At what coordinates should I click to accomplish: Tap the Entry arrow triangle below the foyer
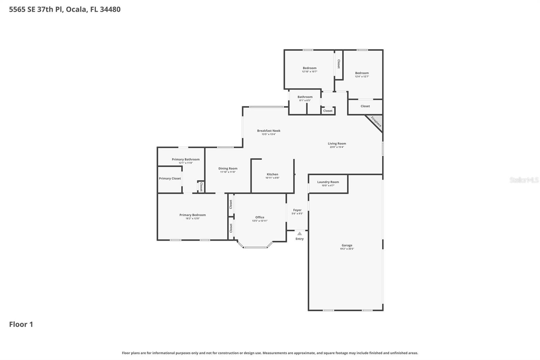coord(299,233)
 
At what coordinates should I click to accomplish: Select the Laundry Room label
coord(328,182)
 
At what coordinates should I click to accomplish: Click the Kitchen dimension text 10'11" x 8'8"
coord(272,178)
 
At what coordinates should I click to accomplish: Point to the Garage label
coord(347,245)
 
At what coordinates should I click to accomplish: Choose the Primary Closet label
coord(170,178)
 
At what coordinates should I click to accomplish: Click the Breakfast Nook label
coord(269,131)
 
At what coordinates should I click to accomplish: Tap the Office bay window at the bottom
coord(255,248)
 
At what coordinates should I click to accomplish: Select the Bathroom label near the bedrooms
coord(305,97)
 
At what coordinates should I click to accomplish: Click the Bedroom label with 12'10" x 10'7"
coord(309,68)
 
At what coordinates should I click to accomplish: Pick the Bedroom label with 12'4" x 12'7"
coord(362,73)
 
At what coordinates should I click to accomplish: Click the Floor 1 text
coord(21,324)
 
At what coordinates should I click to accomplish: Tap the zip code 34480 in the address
coord(110,9)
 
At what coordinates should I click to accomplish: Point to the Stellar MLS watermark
coord(524,180)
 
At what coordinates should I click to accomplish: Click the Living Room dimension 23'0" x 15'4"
coord(336,147)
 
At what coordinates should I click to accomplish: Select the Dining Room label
coord(228,169)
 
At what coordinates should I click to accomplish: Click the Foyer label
coord(297,210)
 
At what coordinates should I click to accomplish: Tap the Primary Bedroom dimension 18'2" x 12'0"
coord(192,218)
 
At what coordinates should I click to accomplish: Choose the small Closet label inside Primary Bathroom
coord(201,186)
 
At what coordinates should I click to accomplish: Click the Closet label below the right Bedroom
coord(365,106)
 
